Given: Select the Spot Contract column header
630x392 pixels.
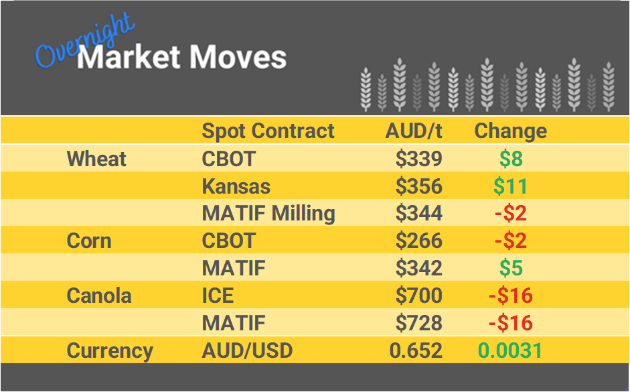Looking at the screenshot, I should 268,131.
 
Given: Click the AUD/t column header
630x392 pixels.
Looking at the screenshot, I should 414,131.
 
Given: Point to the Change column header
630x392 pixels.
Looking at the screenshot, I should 510,131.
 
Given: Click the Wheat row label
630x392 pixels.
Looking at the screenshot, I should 96,159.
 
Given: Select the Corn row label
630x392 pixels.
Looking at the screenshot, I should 89,241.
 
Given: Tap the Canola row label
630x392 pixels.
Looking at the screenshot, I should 99,296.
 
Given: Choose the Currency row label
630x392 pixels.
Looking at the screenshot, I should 110,350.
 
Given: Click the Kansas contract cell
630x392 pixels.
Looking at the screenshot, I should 236,186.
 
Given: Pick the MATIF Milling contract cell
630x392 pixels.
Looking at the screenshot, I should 268,213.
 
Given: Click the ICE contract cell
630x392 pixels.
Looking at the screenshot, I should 218,296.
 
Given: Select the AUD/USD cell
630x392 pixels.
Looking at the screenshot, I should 247,350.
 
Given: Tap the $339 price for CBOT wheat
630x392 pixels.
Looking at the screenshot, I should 418,159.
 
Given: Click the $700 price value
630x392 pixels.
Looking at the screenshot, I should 418,296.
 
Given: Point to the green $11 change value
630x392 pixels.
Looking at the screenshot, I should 510,186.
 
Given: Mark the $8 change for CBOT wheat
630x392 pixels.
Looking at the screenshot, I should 510,159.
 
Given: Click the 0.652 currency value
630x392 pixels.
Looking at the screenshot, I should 416,350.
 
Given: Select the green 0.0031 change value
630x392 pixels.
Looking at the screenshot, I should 510,350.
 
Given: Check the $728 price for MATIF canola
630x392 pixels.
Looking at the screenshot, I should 418,323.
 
